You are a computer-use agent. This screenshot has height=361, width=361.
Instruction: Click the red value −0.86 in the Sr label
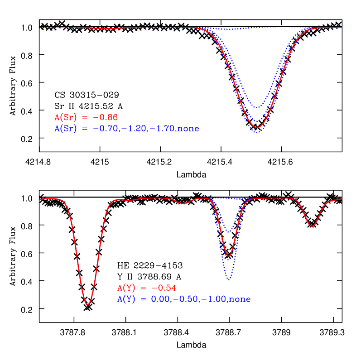(x=106, y=117)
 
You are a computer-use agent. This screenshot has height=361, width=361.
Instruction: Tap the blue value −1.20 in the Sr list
(x=134, y=129)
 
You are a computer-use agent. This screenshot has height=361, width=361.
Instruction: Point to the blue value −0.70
(x=106, y=129)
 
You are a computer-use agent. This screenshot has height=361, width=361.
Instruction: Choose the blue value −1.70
(x=162, y=129)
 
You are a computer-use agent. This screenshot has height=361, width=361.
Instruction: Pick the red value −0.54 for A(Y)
(x=164, y=288)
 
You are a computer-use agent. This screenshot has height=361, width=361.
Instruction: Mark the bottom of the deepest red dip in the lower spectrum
(x=87, y=304)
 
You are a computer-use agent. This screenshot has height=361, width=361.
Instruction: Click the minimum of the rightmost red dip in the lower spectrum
(x=312, y=226)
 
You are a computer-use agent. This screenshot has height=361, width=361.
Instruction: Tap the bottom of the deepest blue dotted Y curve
(x=229, y=280)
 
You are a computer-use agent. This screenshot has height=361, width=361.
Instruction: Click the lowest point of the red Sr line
(x=257, y=127)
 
